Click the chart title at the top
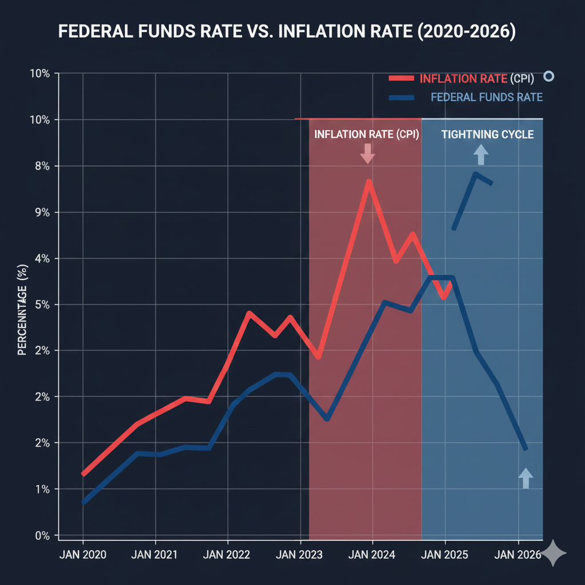point(287,32)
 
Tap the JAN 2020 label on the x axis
point(83,554)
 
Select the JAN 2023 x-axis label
point(299,554)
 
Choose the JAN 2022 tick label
point(227,554)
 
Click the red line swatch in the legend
point(402,79)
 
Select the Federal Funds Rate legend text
point(486,97)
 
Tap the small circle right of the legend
point(549,76)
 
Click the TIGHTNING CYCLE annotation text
point(487,135)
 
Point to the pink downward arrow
point(367,153)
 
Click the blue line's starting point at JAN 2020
point(83,502)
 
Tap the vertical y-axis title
point(23,309)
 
